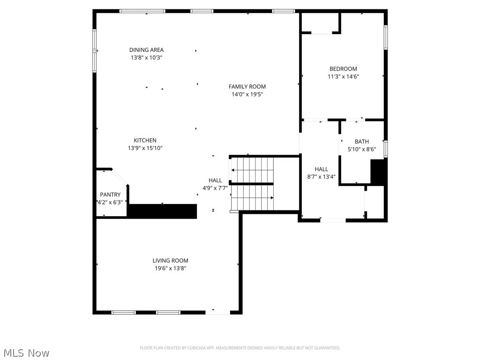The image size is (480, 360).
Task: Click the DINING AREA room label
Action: click(146, 50)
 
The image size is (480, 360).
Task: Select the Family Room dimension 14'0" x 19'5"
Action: click(247, 94)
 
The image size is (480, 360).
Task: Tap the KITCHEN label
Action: click(145, 140)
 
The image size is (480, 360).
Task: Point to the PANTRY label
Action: click(110, 195)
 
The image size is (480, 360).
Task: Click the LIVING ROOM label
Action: click(170, 261)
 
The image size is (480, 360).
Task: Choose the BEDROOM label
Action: click(343, 68)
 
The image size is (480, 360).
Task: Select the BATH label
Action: click(361, 142)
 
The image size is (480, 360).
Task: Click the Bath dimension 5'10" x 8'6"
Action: click(361, 149)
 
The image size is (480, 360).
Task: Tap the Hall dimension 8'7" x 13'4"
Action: click(321, 177)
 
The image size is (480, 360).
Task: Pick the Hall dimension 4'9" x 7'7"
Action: click(215, 188)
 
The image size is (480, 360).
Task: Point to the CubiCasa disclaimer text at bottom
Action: click(240, 348)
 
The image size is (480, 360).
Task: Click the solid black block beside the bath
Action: click(378, 172)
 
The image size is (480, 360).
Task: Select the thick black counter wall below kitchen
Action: click(162, 211)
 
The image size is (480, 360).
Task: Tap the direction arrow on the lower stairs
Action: click(271, 198)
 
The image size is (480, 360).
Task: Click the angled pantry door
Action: click(120, 177)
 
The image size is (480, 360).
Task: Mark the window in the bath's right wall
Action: click(385, 148)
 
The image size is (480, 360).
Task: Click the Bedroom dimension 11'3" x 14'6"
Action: click(343, 76)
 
